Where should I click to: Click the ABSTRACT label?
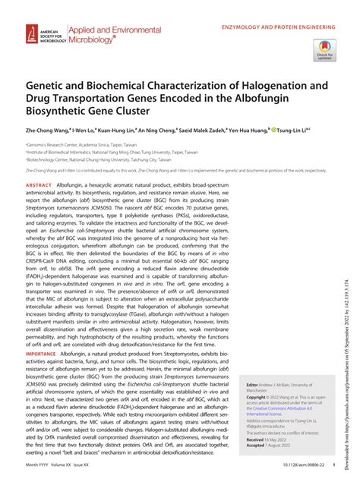(x=39, y=185)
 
